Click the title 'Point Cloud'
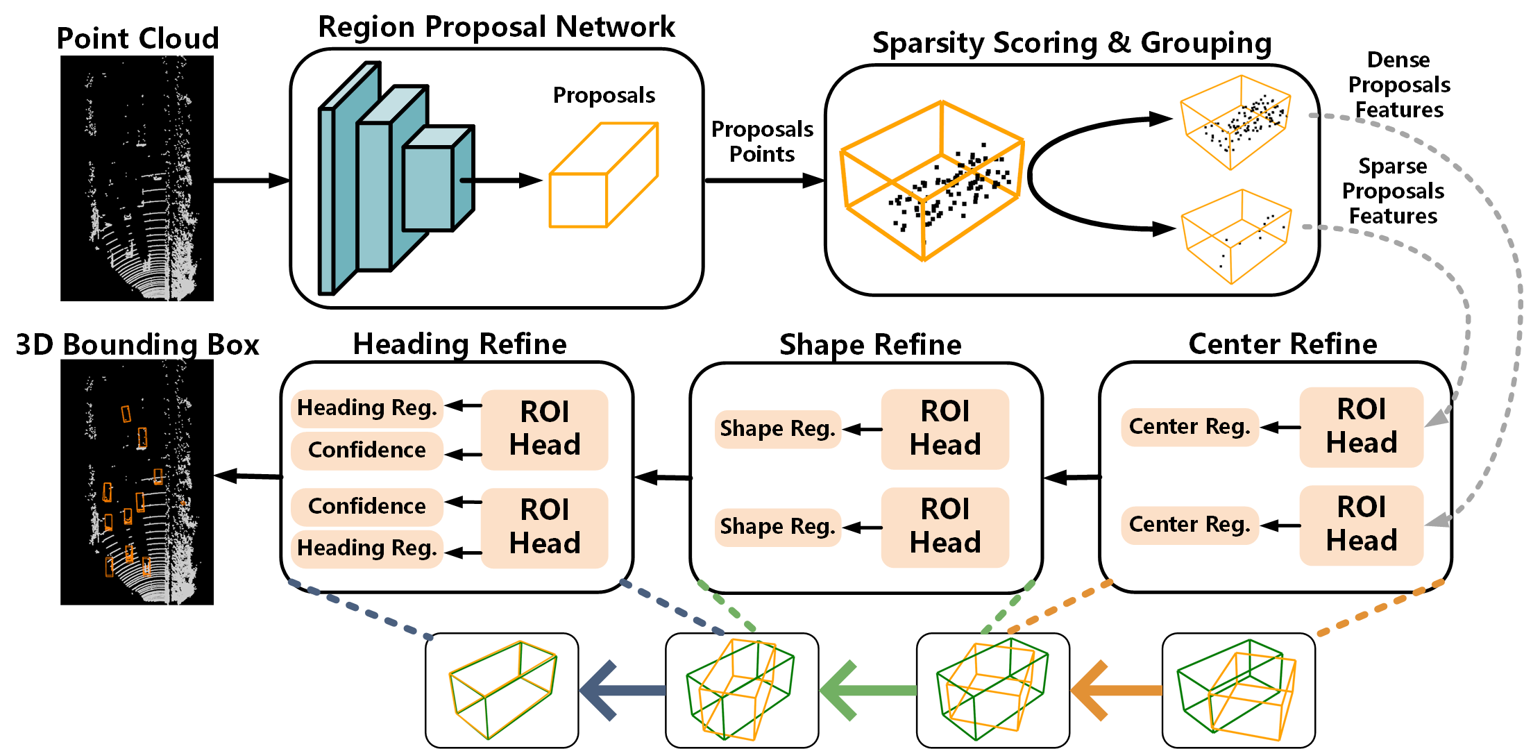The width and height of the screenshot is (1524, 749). coord(137,38)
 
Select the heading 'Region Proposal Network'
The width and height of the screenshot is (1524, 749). coord(496,27)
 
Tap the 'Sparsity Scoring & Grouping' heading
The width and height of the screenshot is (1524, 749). coord(1072,43)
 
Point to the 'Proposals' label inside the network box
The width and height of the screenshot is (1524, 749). coord(604,95)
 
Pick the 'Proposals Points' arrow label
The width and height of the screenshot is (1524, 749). coord(762,142)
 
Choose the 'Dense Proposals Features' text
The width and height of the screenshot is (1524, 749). coord(1398,85)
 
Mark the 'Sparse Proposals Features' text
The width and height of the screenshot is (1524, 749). coord(1393,191)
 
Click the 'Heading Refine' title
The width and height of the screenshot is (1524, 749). coord(459,344)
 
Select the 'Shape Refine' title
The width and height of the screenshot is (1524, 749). coord(870,345)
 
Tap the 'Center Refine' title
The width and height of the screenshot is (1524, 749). coord(1282,344)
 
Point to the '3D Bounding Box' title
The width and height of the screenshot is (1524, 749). coord(137,345)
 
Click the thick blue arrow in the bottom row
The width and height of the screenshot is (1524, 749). coord(622,690)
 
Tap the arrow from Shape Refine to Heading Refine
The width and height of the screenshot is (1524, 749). coord(662,478)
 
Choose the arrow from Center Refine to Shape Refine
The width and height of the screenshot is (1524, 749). coord(1072,478)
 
